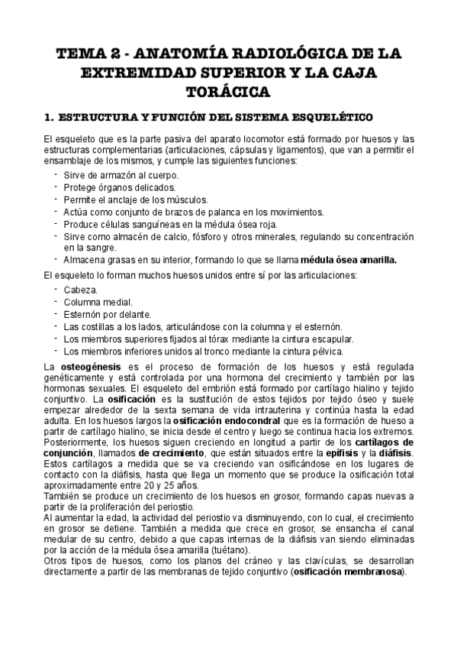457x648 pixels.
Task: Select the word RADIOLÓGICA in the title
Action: coord(262,56)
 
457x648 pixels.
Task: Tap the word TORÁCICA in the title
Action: coord(228,92)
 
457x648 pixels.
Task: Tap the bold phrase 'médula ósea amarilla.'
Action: coord(349,260)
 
